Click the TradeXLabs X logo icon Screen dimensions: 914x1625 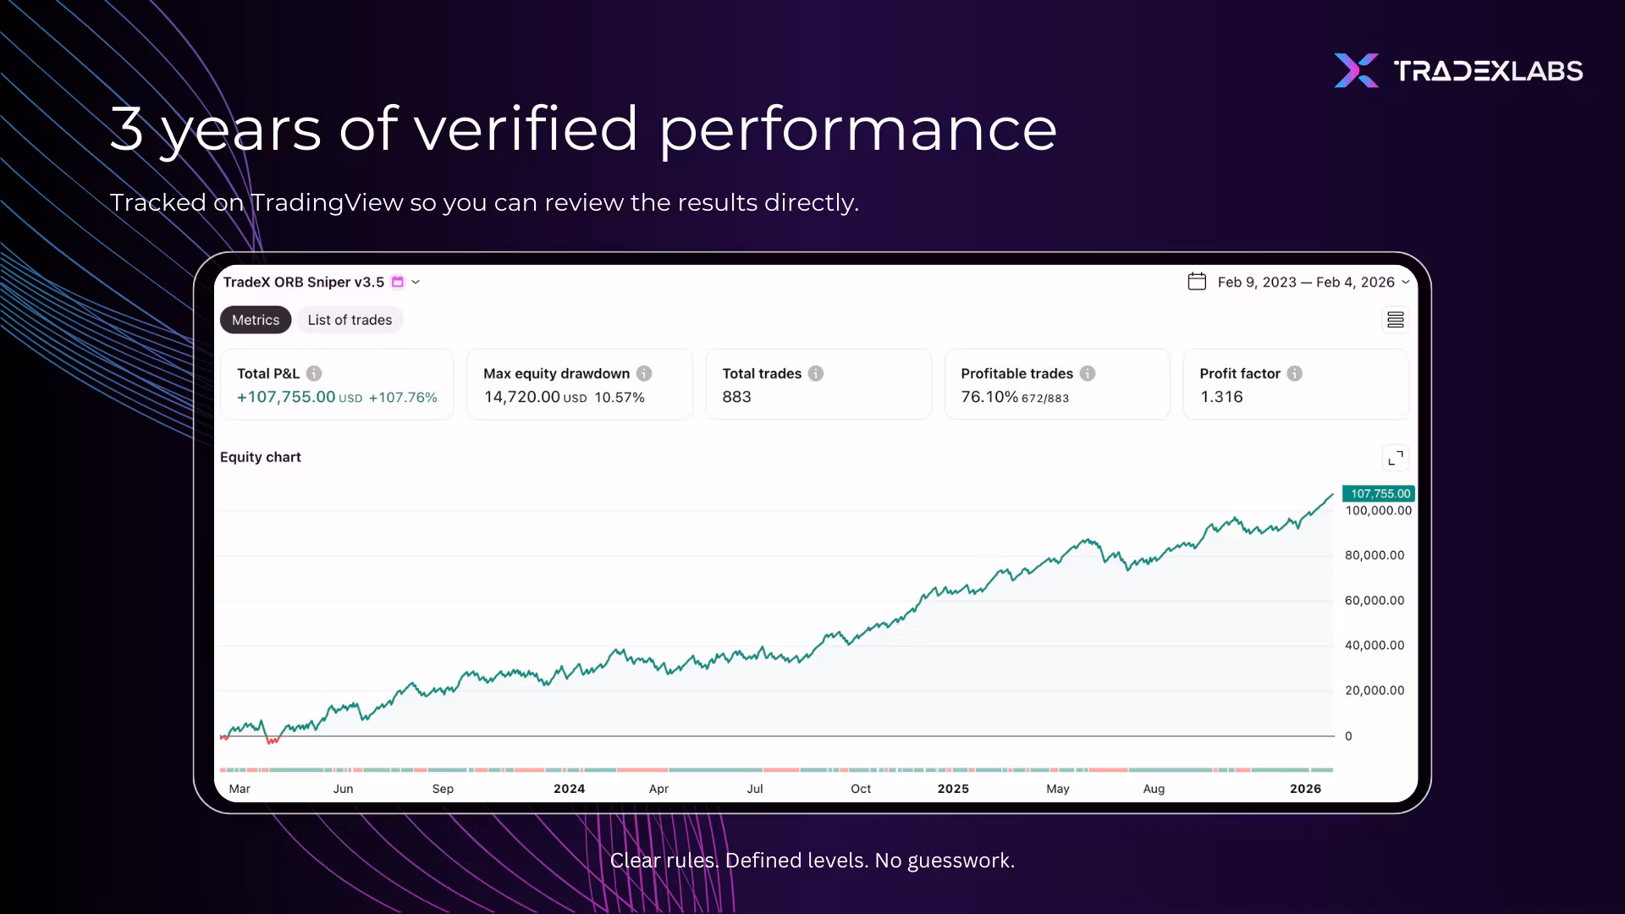1356,70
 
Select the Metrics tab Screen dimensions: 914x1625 256,320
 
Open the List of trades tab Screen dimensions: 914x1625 350,320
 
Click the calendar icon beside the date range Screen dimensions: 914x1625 1197,282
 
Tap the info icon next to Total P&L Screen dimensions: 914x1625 314,373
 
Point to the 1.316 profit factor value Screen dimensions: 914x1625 1221,397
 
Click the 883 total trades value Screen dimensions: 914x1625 736,397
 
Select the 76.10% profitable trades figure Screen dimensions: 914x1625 989,397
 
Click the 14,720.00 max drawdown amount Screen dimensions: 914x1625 521,397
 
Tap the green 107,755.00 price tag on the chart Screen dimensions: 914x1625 1380,493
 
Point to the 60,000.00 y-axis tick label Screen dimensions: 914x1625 1374,601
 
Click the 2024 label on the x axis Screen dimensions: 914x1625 569,789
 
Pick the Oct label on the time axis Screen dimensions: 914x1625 861,789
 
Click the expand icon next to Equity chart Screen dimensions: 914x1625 1396,458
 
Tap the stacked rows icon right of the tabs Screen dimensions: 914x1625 1396,320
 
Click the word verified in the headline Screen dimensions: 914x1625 526,129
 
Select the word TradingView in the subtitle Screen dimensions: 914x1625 327,203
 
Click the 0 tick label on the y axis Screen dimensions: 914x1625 1348,736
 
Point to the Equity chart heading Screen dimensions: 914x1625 261,457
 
